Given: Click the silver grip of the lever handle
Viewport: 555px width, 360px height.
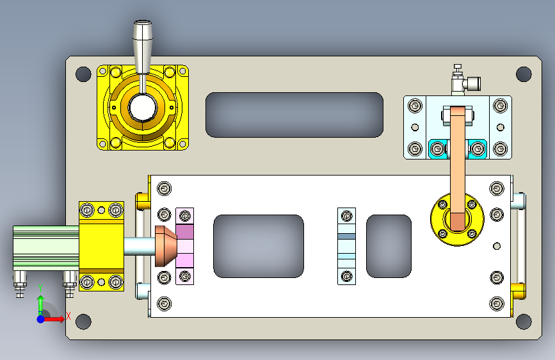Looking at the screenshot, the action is [143, 46].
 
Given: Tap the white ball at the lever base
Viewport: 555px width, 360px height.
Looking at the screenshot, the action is [143, 108].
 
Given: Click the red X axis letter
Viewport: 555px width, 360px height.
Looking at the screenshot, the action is [68, 316].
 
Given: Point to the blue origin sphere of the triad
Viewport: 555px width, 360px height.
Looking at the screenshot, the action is [41, 319].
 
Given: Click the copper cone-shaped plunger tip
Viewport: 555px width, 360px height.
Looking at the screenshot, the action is [166, 246].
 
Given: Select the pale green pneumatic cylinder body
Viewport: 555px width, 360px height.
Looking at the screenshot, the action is [46, 248].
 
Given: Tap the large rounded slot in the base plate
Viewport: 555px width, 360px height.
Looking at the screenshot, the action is [294, 115].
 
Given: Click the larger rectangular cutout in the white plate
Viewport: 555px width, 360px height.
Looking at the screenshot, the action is [259, 246].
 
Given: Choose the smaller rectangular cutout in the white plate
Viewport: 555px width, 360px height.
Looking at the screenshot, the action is [389, 246].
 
